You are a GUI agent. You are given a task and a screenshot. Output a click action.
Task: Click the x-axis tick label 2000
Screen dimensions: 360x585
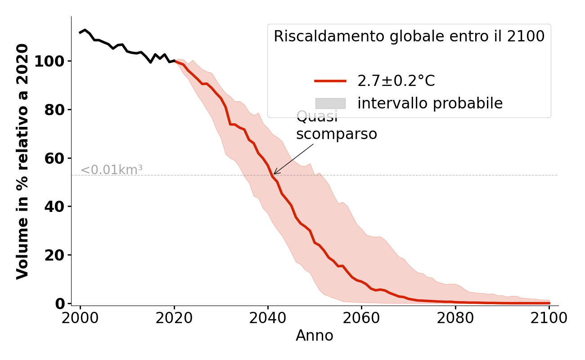(x=80, y=318)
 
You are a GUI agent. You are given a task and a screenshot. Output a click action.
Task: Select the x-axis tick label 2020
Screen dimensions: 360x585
(x=174, y=318)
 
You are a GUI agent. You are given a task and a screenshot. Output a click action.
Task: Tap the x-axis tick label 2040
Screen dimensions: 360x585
(x=268, y=318)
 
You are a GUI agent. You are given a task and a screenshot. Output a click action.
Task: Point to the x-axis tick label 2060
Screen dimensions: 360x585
(x=361, y=318)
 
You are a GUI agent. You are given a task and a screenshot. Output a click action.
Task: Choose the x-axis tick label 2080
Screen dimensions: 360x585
(x=455, y=318)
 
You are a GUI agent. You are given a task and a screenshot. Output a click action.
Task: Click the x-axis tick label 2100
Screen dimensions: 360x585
(x=549, y=318)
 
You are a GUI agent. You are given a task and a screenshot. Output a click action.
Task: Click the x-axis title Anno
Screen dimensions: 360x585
(x=315, y=336)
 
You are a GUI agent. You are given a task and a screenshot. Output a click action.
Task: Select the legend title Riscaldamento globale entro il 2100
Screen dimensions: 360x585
(x=409, y=36)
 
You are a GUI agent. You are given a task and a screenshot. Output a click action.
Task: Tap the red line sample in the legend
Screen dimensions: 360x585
(x=330, y=81)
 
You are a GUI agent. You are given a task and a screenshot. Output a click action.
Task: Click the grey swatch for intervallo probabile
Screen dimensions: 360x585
(x=330, y=103)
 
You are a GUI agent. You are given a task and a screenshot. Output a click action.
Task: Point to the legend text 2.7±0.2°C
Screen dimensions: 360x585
(x=396, y=81)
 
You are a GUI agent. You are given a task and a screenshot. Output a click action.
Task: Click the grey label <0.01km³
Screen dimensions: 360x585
(x=112, y=170)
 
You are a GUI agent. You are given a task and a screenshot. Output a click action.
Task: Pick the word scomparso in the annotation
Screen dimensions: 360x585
(x=337, y=134)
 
